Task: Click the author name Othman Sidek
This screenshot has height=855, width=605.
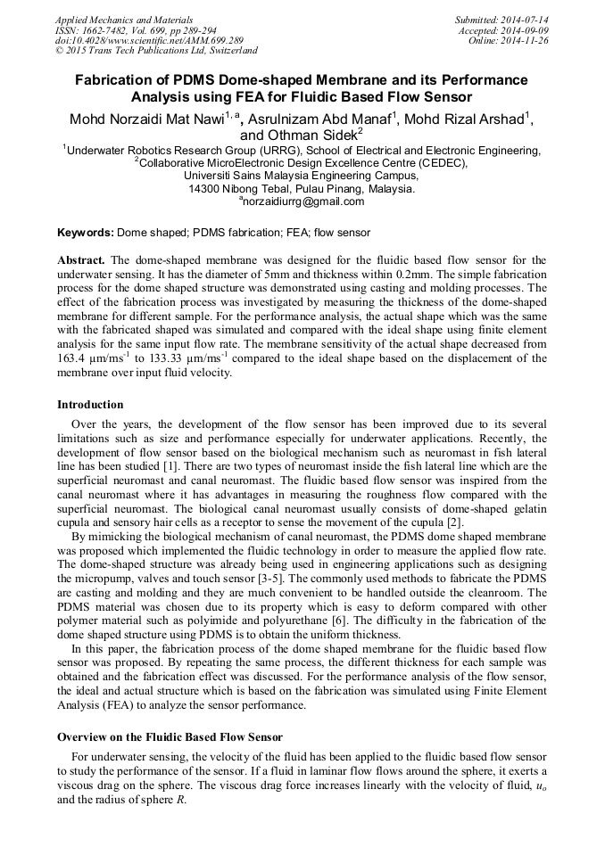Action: (308, 135)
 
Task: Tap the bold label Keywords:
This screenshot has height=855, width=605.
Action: (86, 233)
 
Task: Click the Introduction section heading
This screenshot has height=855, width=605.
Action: (90, 404)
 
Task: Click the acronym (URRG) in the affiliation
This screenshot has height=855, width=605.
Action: (275, 151)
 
